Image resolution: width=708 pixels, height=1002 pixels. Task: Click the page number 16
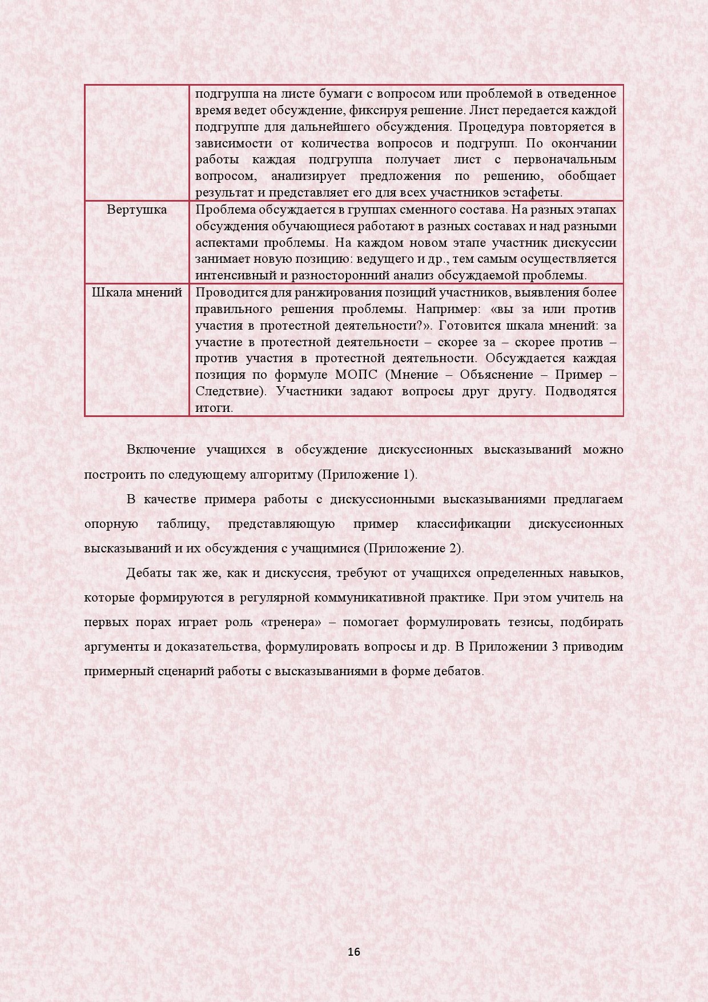353,952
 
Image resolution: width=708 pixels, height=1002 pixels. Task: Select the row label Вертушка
136,210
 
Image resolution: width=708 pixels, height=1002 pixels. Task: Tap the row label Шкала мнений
137,292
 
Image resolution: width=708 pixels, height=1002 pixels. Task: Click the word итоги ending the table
214,408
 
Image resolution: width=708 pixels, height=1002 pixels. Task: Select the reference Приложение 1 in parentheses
366,475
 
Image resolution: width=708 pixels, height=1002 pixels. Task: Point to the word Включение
161,450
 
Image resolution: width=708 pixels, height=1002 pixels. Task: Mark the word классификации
464,524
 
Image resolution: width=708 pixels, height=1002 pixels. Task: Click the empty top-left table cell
136,143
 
